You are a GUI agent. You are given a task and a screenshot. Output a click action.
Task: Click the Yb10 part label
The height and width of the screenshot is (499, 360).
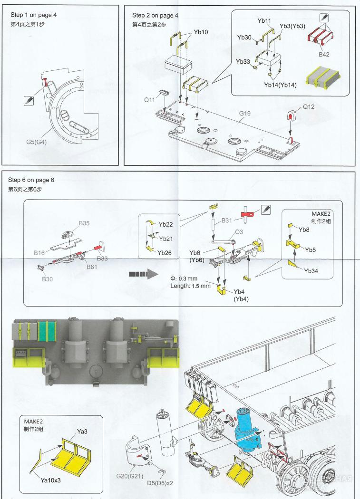[x=201, y=32]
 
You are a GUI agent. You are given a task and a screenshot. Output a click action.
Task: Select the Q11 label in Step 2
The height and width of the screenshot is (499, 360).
[x=149, y=100]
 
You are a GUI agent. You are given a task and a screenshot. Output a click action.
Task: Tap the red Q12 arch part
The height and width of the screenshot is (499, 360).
[x=290, y=115]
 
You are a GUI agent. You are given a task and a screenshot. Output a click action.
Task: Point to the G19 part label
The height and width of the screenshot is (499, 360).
[x=245, y=113]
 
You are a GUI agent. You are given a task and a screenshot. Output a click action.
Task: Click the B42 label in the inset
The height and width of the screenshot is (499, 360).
[x=323, y=55]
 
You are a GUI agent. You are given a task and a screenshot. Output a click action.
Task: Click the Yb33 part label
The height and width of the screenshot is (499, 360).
[x=243, y=62]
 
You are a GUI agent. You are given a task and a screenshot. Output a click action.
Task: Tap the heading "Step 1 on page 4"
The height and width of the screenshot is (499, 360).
[x=33, y=15]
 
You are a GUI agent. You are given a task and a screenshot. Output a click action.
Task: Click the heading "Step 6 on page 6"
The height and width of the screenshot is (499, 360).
[x=31, y=180]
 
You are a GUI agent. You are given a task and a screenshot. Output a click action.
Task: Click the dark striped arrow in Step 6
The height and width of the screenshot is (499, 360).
[x=143, y=274]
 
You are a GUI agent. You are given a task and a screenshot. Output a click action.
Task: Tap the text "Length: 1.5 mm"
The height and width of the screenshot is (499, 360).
[x=190, y=286]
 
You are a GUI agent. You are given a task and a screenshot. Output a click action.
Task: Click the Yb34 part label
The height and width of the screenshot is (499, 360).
[x=312, y=270]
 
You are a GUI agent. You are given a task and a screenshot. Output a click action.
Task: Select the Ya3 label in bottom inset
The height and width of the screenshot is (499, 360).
[x=82, y=432]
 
